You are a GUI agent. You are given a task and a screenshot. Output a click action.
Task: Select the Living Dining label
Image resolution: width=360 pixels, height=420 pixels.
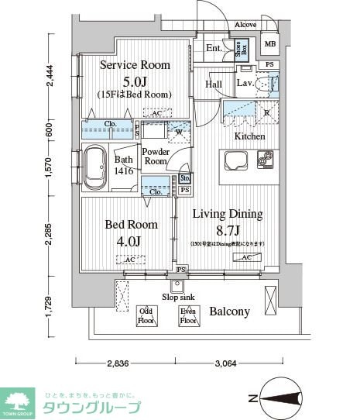(228, 214)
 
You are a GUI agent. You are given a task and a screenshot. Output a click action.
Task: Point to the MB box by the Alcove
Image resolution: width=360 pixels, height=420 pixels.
(270, 44)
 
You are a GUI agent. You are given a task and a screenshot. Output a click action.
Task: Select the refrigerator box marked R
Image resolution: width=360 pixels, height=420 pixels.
(266, 112)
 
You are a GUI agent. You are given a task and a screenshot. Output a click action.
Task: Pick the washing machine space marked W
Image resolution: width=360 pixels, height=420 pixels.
(179, 131)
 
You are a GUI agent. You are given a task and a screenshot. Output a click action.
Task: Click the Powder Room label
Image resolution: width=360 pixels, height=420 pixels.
(156, 157)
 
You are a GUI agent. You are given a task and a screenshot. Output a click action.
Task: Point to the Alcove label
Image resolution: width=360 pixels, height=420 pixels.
(245, 25)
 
